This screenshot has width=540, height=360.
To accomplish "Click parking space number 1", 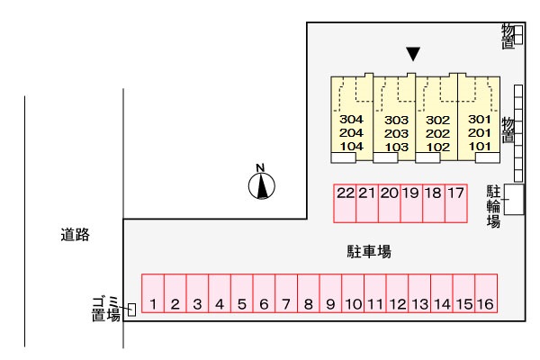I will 154,304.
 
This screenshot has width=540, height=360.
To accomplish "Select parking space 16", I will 485,304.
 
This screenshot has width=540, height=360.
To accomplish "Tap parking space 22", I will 346,193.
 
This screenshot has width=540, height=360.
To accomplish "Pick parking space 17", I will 455,193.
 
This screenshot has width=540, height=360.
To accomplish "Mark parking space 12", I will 397,304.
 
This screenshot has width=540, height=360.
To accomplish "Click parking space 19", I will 411,193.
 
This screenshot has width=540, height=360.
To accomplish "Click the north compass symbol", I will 262,185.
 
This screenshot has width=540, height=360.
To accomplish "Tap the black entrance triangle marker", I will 413,54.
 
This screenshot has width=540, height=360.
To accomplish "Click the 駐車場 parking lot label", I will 369,252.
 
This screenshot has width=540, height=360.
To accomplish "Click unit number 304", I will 352,120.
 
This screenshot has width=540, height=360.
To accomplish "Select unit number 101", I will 480,145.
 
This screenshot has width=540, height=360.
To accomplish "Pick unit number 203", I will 396,133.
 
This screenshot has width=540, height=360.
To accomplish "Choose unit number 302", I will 437,120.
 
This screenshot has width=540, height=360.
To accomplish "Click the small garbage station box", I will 131,310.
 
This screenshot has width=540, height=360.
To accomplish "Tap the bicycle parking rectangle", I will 514,199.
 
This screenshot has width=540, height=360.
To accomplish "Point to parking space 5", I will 242,304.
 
